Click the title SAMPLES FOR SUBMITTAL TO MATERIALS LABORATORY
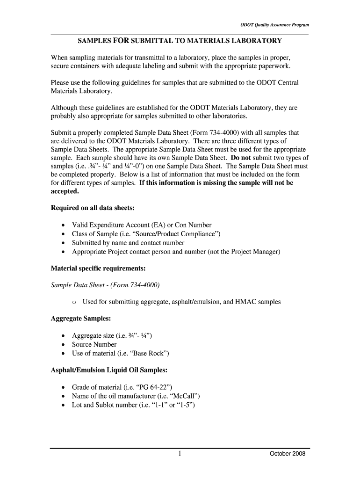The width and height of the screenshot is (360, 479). [180, 41]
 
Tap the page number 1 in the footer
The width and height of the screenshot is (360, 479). [180, 453]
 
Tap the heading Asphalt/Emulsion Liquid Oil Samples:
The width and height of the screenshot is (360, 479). [108, 370]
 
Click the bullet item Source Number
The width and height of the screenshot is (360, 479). [94, 344]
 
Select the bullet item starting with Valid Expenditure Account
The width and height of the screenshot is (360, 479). [141, 225]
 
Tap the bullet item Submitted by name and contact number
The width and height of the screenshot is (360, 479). [128, 243]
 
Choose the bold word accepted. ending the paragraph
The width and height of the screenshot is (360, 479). [65, 191]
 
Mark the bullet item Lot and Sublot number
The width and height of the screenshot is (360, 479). [133, 405]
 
